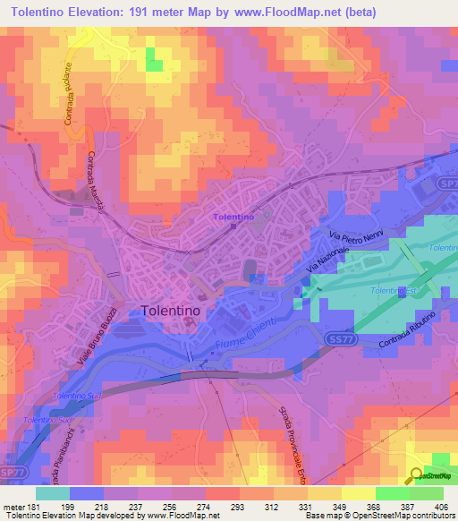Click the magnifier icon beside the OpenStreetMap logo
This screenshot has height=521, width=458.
(x=418, y=477)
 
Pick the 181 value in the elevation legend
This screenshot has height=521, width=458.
(x=27, y=507)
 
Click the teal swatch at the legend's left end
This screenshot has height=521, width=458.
(x=52, y=493)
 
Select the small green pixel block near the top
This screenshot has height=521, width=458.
(x=155, y=59)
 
